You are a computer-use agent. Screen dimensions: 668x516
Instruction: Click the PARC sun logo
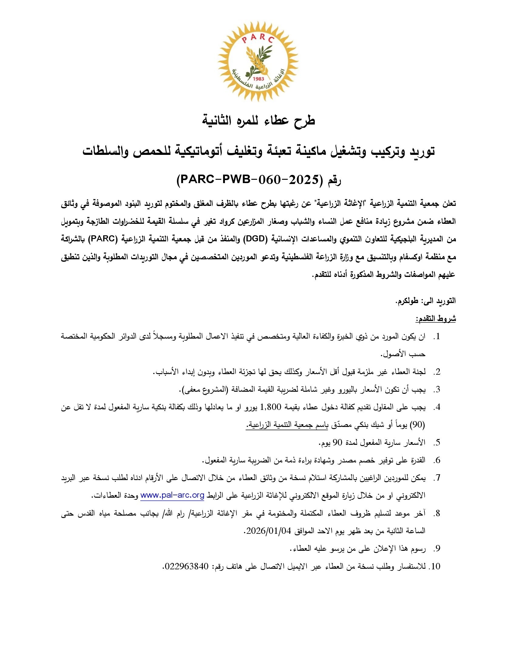(x=258, y=61)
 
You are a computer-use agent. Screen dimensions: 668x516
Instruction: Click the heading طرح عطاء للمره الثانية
(x=258, y=120)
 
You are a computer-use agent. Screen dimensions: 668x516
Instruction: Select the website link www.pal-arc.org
(x=172, y=496)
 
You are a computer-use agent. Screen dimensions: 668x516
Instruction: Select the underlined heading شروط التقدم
(x=435, y=319)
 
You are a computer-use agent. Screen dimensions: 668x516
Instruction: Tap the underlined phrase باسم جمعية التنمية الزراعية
(x=287, y=425)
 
